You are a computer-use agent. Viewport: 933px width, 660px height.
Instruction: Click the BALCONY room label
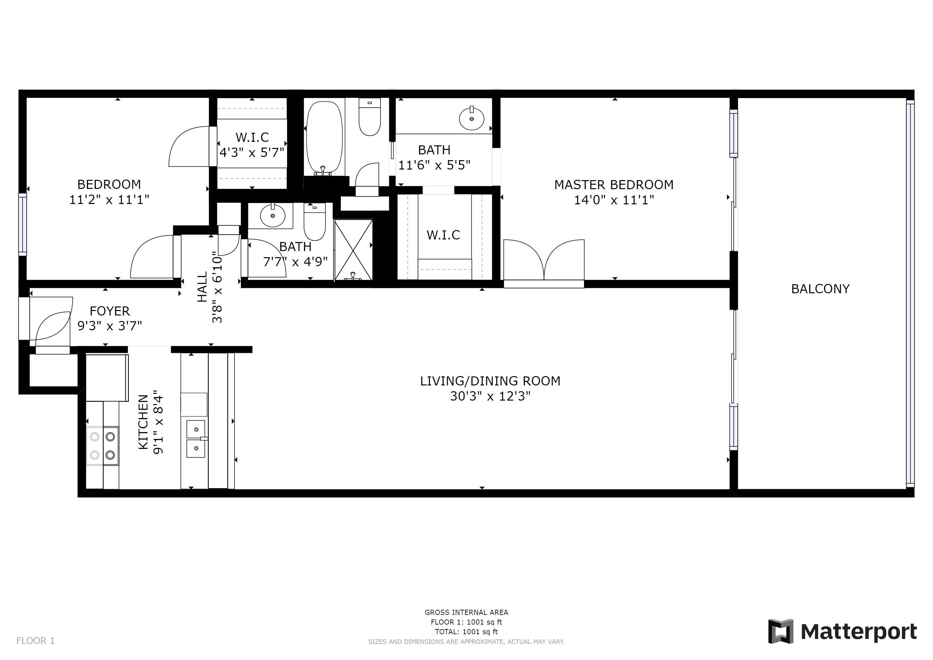click(x=820, y=289)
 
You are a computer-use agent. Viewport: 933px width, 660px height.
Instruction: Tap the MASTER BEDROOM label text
click(x=614, y=185)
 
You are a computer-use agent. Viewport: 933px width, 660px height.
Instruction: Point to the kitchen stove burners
click(x=102, y=446)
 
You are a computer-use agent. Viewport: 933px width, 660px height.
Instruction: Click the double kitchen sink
click(x=196, y=439)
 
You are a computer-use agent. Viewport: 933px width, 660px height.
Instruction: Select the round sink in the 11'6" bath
click(x=471, y=119)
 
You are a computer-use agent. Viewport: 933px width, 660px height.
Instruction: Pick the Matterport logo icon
click(x=780, y=631)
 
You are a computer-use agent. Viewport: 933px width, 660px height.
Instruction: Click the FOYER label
click(x=110, y=311)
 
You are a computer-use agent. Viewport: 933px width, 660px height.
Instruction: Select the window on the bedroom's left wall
click(x=22, y=224)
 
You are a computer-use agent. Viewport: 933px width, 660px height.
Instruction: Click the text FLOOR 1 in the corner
click(x=35, y=641)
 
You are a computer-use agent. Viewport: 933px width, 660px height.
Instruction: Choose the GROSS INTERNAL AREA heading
click(x=466, y=612)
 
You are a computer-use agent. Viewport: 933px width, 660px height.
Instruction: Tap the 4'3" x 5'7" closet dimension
click(x=252, y=152)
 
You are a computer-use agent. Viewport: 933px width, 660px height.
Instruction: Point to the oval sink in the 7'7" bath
click(x=272, y=215)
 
